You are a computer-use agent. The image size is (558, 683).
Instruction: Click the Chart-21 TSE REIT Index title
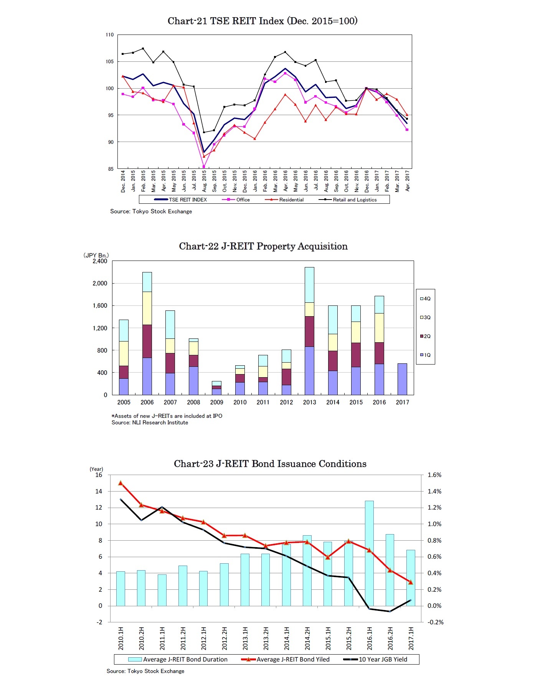pyautogui.click(x=262, y=21)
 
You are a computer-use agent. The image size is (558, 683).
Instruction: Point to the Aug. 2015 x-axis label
pyautogui.click(x=204, y=181)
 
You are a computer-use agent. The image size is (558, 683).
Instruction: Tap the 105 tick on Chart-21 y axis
pyautogui.click(x=110, y=61)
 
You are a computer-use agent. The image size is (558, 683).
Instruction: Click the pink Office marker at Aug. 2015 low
pyautogui.click(x=204, y=167)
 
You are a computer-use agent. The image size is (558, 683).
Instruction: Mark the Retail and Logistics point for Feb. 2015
pyautogui.click(x=143, y=49)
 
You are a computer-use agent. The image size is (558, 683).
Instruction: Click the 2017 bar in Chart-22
pyautogui.click(x=402, y=379)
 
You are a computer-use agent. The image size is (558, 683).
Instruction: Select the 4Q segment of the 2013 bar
pyautogui.click(x=309, y=284)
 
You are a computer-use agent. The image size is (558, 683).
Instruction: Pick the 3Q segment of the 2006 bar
pyautogui.click(x=147, y=308)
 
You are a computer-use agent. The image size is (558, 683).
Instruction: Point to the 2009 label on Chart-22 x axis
pyautogui.click(x=216, y=402)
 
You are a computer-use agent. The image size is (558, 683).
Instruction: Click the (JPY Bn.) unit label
pyautogui.click(x=96, y=255)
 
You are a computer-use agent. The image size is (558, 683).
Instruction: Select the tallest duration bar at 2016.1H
pyautogui.click(x=369, y=553)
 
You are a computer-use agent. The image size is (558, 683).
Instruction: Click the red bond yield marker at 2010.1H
pyautogui.click(x=121, y=483)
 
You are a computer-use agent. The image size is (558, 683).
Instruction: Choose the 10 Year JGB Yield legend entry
pyautogui.click(x=382, y=659)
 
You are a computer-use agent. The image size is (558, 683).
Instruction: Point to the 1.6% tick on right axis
pyautogui.click(x=434, y=475)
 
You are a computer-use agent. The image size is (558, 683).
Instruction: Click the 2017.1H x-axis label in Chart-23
pyautogui.click(x=411, y=638)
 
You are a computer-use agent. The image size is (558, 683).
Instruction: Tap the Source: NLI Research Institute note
pyautogui.click(x=150, y=422)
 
